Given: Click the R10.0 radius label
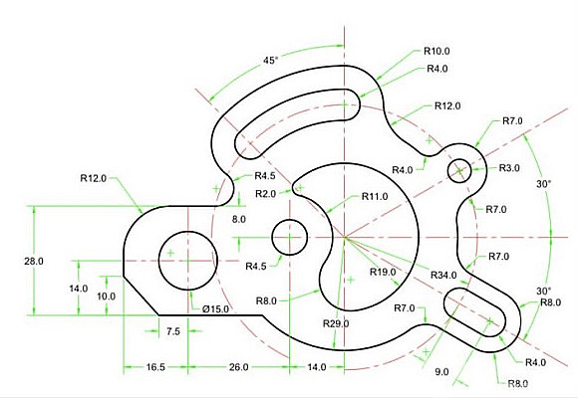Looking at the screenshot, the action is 436,51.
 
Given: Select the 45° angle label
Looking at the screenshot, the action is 271,61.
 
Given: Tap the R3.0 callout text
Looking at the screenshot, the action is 509,168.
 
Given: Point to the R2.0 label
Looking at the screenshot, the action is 265,194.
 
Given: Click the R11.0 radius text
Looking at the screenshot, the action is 375,197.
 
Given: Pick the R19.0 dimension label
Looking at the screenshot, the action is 383,272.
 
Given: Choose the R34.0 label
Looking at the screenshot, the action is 443,275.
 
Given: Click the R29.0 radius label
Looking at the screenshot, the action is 336,323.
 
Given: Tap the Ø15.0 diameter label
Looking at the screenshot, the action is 215,308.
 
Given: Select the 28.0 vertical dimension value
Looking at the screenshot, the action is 34,261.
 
